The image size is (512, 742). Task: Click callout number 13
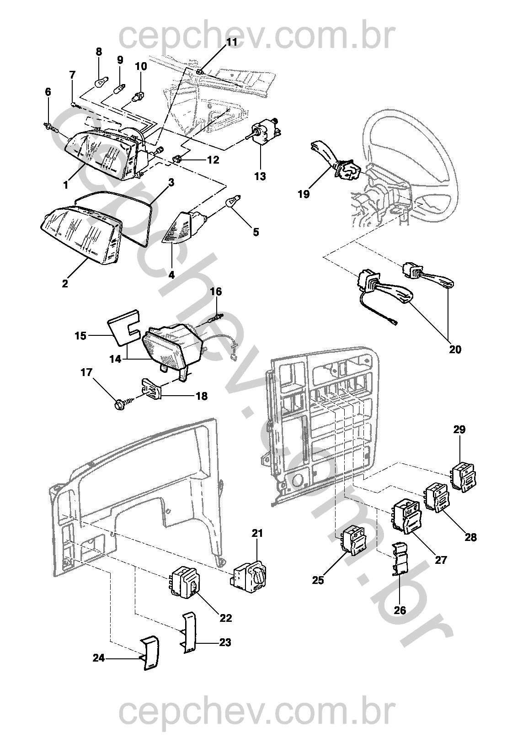click(260, 176)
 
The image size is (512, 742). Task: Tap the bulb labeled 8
click(98, 83)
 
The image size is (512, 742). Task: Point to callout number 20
click(455, 349)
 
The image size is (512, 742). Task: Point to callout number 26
click(400, 610)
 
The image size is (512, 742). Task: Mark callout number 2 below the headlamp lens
click(65, 283)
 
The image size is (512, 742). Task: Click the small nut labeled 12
click(177, 159)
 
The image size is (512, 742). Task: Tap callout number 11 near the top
click(232, 42)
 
